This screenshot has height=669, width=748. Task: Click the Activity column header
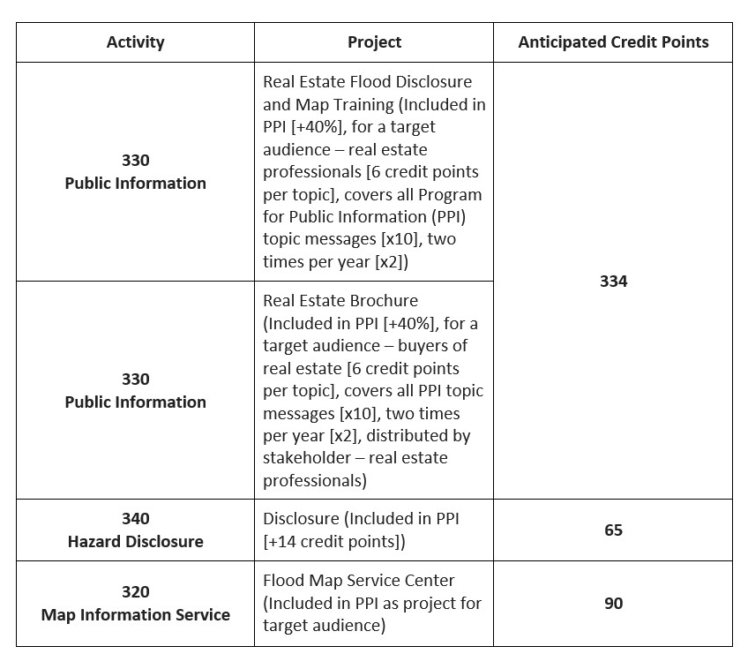[135, 42]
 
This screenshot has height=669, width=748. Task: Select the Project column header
[374, 42]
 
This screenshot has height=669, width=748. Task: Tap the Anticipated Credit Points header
[613, 42]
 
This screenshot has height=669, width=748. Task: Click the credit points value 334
[613, 281]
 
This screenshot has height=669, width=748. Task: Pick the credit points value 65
[613, 530]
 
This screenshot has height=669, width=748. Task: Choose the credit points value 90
[613, 603]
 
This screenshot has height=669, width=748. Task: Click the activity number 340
[135, 518]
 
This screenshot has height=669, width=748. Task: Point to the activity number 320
[135, 591]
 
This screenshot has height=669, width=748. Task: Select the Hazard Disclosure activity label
[135, 541]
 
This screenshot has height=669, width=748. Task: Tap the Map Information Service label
[135, 614]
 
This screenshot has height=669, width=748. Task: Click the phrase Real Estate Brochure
[340, 301]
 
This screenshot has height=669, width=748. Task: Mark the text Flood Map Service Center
[359, 581]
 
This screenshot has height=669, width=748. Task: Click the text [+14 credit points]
[334, 541]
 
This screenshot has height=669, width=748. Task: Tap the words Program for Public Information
[370, 205]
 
